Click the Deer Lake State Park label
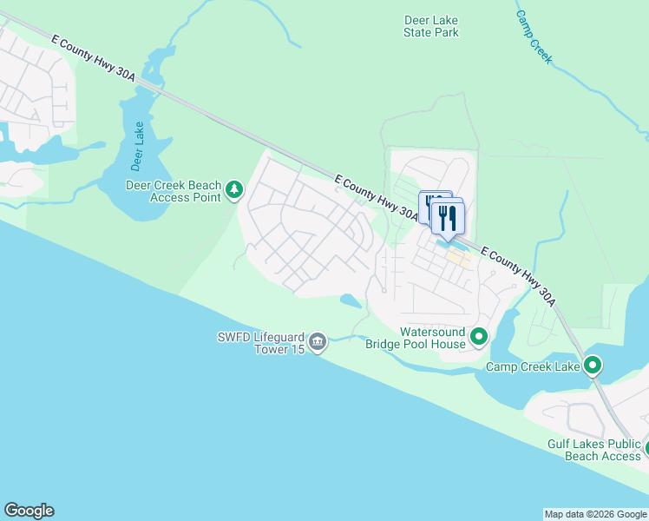click(x=430, y=26)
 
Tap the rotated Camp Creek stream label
click(x=534, y=36)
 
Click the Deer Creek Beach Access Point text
click(x=174, y=191)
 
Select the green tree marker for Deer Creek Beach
click(x=233, y=190)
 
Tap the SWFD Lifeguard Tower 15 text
click(x=261, y=344)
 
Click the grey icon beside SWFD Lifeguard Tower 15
click(x=318, y=342)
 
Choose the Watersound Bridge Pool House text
click(x=416, y=338)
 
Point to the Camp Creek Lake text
click(x=532, y=366)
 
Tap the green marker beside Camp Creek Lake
click(x=593, y=366)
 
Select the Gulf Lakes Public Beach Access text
click(x=593, y=450)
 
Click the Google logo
click(x=29, y=511)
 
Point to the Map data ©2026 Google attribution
click(x=595, y=514)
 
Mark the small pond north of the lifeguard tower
click(x=351, y=301)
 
